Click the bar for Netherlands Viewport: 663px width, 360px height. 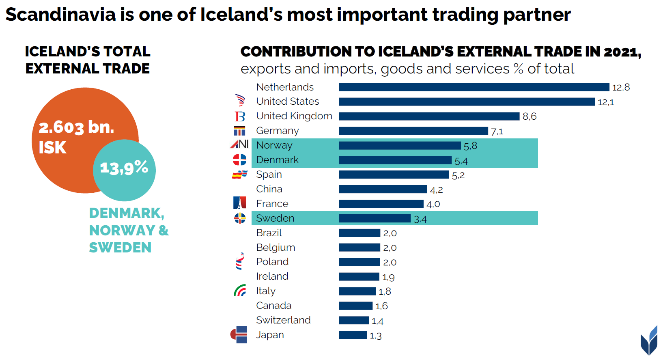474,87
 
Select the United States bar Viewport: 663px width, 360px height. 467,102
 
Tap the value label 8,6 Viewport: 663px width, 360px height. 530,116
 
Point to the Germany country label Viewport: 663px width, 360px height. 278,131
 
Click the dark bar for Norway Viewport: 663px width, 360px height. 400,146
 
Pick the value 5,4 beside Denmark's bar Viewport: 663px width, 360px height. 461,161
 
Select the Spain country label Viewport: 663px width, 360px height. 269,175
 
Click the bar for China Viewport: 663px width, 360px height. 383,189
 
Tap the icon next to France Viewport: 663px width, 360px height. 240,203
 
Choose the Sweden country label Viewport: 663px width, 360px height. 275,218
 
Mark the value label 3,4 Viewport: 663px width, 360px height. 420,220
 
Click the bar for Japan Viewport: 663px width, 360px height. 353,335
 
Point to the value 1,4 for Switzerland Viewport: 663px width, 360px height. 377,321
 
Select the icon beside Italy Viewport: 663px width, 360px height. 240,290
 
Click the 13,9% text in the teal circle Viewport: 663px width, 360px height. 124,167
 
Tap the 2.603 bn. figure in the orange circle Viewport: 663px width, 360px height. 76,127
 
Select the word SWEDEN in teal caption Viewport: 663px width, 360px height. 120,248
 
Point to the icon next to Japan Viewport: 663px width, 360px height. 239,334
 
